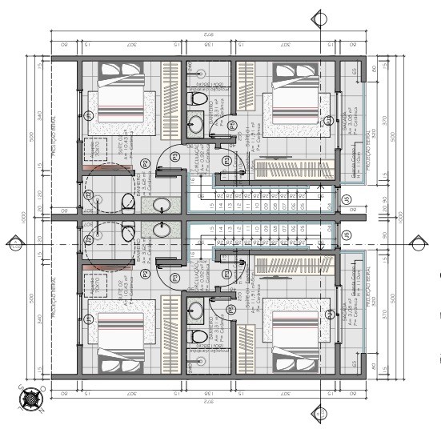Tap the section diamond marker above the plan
321,17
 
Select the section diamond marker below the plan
321,414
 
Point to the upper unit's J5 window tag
328,120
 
